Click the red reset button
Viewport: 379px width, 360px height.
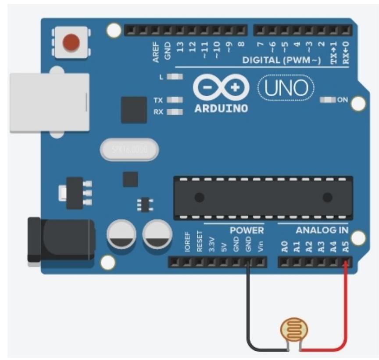pyautogui.click(x=71, y=42)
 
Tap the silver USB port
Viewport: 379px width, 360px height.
pyautogui.click(x=49, y=102)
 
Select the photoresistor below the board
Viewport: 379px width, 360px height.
pyautogui.click(x=294, y=330)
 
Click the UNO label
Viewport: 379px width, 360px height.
pyautogui.click(x=286, y=89)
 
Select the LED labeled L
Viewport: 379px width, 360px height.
pyautogui.click(x=175, y=77)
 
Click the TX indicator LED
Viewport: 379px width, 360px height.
pyautogui.click(x=175, y=100)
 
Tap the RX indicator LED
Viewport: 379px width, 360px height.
pyautogui.click(x=175, y=112)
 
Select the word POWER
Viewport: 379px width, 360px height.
pyautogui.click(x=247, y=230)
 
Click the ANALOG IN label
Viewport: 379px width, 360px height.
pyautogui.click(x=322, y=230)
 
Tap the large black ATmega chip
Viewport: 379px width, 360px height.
pyautogui.click(x=263, y=198)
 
